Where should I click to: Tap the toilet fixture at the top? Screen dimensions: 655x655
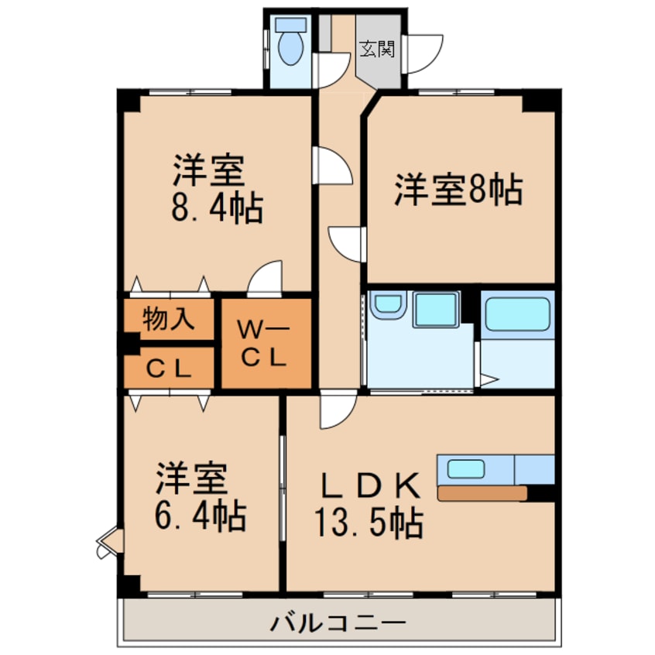pos(291,46)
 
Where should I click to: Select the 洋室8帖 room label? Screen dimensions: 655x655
pos(458,190)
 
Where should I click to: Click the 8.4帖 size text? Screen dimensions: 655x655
pos(214,207)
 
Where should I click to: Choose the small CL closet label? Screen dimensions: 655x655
pos(169,369)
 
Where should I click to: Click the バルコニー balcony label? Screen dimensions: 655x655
pos(338,622)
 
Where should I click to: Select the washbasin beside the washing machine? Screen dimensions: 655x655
pos(386,305)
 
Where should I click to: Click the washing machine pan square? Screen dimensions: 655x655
pos(436,310)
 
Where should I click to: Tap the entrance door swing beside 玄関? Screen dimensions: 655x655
pos(424,53)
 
